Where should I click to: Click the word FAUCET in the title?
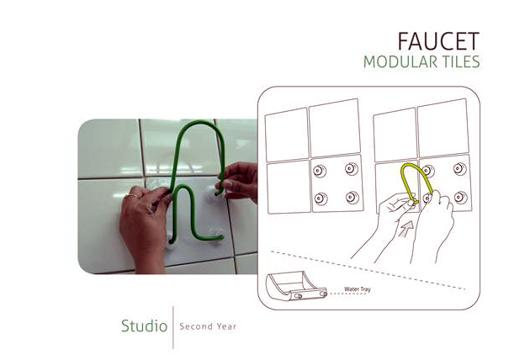[438, 41]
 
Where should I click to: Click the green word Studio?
[144, 326]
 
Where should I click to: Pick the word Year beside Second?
[226, 326]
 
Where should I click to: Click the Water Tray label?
[357, 289]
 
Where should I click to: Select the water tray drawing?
[296, 286]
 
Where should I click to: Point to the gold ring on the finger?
[132, 196]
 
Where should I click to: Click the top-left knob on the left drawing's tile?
[320, 171]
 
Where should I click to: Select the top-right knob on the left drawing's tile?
[352, 169]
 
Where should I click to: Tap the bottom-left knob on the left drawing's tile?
[321, 199]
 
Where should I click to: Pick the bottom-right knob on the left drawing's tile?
[353, 197]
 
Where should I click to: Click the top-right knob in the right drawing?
[460, 169]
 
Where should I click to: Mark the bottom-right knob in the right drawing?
[461, 198]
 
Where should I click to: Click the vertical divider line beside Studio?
[173, 327]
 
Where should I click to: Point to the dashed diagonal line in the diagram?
[368, 270]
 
